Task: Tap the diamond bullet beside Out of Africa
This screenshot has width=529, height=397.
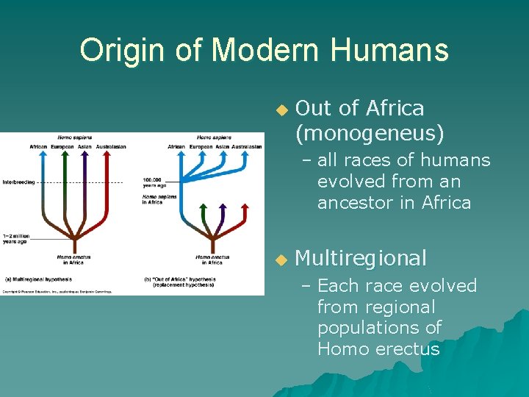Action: click(x=279, y=110)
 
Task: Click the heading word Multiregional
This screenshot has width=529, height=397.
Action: click(x=360, y=258)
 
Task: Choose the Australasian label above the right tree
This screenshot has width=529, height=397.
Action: click(x=246, y=146)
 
